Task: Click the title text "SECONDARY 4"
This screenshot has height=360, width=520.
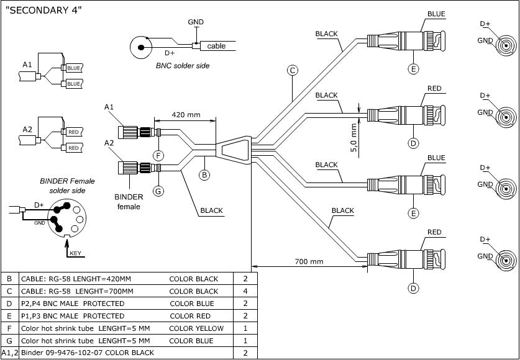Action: click(43, 10)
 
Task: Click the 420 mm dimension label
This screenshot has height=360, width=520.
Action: click(186, 115)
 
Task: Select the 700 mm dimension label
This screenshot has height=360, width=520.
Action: click(309, 261)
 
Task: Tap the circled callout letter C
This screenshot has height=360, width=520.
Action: click(292, 70)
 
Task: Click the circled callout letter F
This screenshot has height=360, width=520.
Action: click(158, 154)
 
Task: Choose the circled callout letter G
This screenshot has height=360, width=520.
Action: click(158, 191)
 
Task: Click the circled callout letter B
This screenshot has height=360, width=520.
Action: click(204, 175)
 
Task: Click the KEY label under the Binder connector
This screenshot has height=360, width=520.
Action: click(76, 253)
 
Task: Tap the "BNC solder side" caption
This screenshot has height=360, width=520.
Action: click(182, 65)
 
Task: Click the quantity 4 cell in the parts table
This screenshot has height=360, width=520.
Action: click(245, 291)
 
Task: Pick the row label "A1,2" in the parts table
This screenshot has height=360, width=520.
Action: click(10, 353)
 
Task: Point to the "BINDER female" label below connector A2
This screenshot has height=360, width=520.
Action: click(129, 202)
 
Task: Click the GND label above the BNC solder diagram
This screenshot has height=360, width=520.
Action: click(196, 22)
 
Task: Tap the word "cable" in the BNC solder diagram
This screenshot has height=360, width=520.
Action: click(216, 46)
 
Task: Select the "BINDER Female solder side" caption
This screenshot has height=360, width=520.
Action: click(67, 186)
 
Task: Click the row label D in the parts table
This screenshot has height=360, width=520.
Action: click(9, 304)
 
